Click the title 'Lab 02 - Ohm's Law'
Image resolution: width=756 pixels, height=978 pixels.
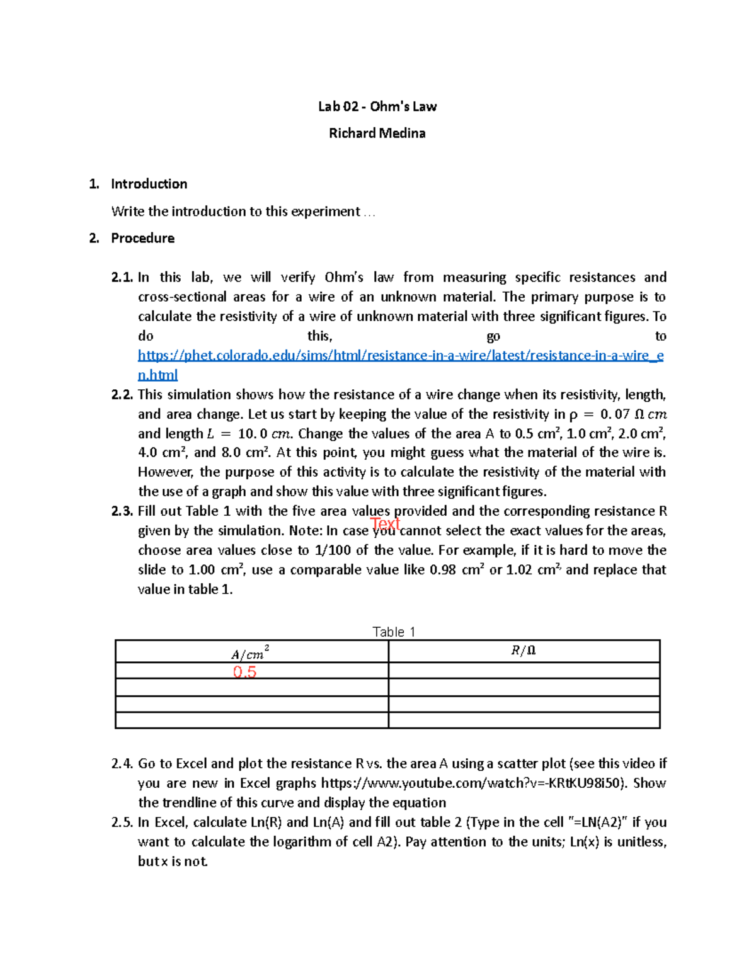coord(377,106)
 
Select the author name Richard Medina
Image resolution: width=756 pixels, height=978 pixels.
coord(377,133)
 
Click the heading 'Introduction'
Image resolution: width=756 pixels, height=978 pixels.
coord(149,184)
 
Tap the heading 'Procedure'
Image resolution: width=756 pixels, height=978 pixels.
coord(142,238)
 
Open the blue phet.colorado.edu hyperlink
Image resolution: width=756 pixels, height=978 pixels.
coord(400,356)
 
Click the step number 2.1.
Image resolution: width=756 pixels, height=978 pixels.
coord(122,278)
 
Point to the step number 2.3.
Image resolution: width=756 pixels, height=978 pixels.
coord(122,511)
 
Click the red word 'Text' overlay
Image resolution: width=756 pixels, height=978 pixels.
coord(385,523)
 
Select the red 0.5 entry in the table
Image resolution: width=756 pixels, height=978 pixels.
coord(244,672)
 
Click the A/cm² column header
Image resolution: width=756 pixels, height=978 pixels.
coord(250,652)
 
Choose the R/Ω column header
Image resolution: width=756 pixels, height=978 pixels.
coord(523,651)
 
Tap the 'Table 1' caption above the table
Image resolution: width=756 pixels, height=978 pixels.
coord(394,632)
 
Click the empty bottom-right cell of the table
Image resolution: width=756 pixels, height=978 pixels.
coord(524,720)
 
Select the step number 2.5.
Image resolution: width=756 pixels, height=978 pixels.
coord(122,822)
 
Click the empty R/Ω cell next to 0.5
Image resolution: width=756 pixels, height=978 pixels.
coord(524,670)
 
